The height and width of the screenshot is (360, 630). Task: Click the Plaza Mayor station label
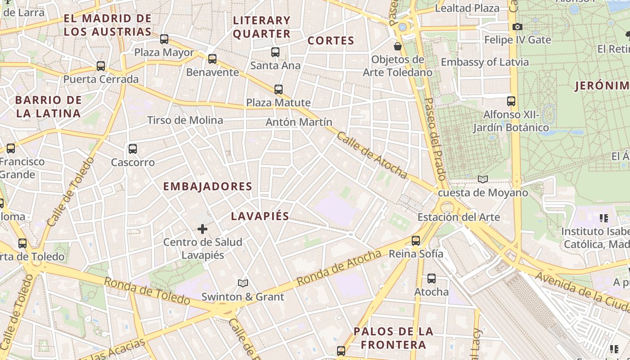point(164,53)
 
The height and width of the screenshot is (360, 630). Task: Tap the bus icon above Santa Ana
point(275,52)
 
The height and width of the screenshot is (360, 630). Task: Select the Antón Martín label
point(299,122)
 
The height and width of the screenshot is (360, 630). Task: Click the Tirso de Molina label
point(185,120)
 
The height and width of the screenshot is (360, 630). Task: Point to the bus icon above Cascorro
point(132,149)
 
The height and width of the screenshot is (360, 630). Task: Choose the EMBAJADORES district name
point(207,186)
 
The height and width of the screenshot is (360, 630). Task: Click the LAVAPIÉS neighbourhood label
point(260,216)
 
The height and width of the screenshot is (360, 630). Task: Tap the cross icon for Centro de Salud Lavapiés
point(202,229)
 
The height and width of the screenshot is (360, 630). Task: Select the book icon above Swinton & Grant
point(243,283)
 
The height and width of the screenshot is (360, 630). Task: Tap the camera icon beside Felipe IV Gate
point(517,27)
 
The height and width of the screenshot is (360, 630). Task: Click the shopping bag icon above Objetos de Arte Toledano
point(398,46)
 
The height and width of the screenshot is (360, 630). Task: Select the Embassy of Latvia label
point(485,62)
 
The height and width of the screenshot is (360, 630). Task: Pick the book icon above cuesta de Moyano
point(483,180)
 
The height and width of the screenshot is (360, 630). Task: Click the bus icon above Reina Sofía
point(416,241)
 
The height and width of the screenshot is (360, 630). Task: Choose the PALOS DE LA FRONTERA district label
point(393,338)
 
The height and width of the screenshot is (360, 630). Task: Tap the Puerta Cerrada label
point(101,80)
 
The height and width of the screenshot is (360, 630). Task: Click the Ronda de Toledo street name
point(147,291)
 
